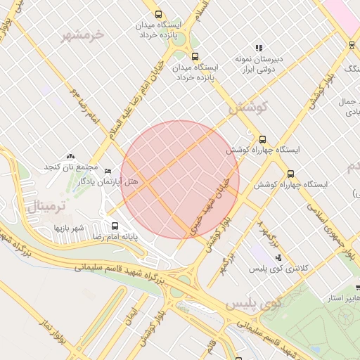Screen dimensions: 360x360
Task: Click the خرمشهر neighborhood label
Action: pos(82,34)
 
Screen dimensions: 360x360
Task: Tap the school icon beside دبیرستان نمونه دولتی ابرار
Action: pos(259,49)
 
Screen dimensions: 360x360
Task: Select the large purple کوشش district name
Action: pos(245,108)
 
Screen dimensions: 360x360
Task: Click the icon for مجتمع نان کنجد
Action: pos(70,156)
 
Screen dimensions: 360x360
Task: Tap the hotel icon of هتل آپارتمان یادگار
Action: pos(108,171)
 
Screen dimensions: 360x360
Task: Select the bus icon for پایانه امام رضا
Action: pos(115,226)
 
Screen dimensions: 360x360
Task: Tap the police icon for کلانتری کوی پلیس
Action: pos(278,257)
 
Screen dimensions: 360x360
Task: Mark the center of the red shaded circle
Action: pos(180,179)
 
